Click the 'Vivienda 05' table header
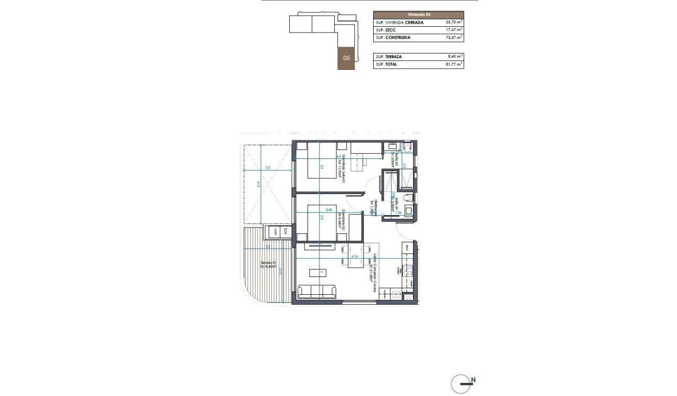418,15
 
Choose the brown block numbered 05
346,58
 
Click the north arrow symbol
460,383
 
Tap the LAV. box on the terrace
273,232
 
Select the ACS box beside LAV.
286,232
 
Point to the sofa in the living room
317,291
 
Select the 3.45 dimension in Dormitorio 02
329,210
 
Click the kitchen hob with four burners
406,271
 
